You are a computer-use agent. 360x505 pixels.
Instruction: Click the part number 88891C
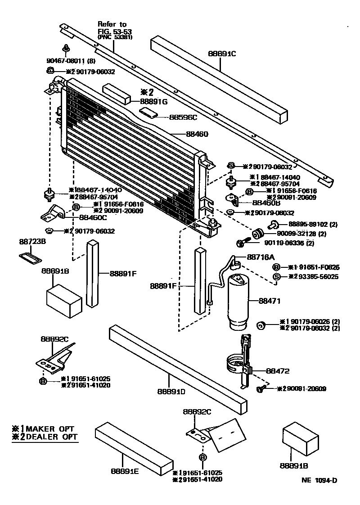(222, 53)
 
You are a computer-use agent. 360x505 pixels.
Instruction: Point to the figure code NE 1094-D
(319, 480)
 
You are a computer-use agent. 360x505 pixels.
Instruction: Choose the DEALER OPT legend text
(49, 437)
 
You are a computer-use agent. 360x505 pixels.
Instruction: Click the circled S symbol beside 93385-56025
(277, 276)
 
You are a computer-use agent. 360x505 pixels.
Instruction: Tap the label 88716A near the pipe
(261, 257)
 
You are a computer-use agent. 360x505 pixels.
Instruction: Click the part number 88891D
(171, 391)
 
